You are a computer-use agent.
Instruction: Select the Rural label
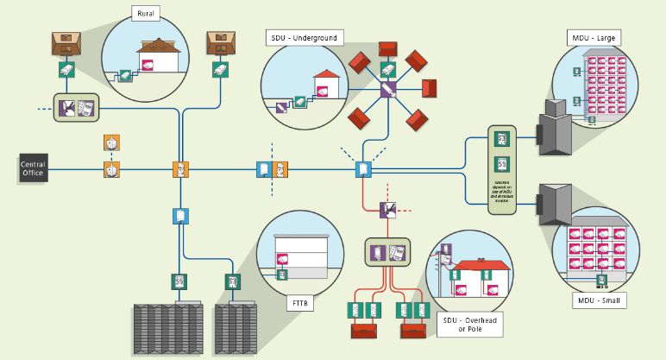tap(147, 14)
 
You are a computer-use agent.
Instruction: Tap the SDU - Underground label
tap(305, 37)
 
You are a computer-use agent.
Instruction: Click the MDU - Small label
tap(596, 300)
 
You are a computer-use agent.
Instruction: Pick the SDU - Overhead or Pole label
tap(471, 324)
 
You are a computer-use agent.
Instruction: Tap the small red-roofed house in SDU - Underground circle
tap(325, 83)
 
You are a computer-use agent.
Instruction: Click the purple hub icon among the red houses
tap(388, 89)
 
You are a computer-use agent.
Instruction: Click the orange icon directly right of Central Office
tap(110, 170)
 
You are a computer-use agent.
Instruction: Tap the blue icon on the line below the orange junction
tap(180, 215)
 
